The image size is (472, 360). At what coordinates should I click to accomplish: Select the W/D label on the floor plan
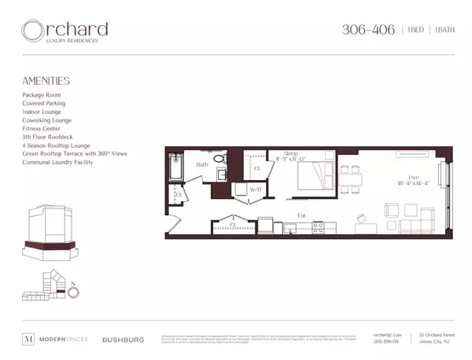[x=256, y=189]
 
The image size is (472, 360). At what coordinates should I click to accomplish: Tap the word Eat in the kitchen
[x=301, y=215]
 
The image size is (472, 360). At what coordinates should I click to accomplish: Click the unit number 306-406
[x=366, y=30]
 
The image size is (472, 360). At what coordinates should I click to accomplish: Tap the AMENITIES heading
[x=46, y=81]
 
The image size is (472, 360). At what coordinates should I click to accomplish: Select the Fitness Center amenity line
[x=43, y=128]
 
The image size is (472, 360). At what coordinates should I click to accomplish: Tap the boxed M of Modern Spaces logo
[x=29, y=340]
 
